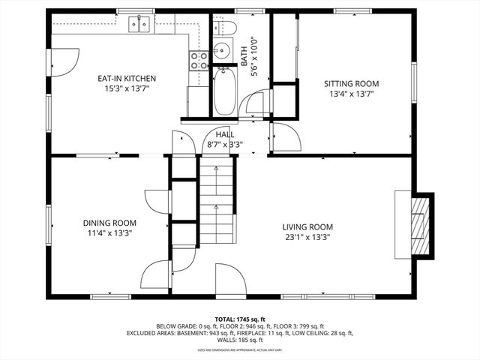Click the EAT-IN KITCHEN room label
click(126, 78)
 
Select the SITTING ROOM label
click(351, 83)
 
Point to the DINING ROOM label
click(109, 223)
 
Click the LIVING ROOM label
click(307, 226)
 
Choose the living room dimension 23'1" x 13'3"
click(307, 237)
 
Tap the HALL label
click(225, 134)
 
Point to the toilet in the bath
click(228, 28)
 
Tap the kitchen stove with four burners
click(199, 61)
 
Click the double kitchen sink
click(139, 25)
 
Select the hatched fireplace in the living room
click(422, 226)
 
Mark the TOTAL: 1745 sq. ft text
click(239, 319)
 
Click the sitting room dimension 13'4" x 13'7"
click(351, 94)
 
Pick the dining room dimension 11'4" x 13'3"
click(109, 233)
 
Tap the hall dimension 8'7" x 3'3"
click(225, 144)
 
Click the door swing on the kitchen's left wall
click(65, 61)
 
